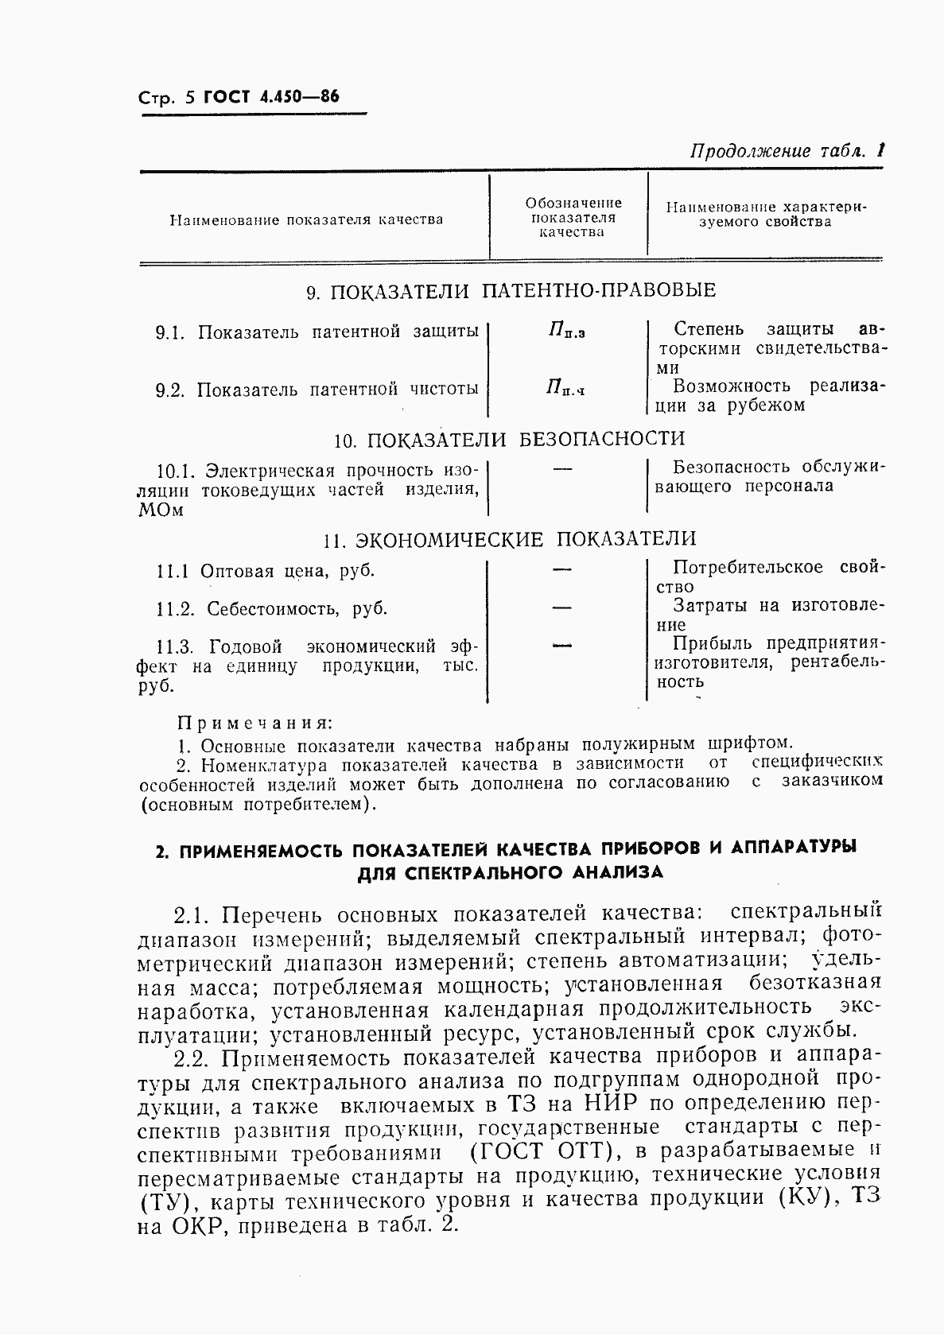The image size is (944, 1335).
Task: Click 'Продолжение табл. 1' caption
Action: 787,150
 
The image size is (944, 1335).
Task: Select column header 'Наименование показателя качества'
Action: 306,220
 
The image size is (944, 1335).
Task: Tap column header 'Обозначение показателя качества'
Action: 572,217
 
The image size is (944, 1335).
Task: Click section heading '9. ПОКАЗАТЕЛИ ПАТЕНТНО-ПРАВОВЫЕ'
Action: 511,291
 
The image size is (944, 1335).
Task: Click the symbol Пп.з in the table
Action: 566,331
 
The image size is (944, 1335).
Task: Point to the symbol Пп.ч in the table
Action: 565,388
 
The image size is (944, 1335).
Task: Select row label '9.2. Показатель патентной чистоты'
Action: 317,390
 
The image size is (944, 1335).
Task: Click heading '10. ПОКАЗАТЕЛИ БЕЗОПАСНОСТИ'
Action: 509,439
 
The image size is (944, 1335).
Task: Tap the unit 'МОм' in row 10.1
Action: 161,510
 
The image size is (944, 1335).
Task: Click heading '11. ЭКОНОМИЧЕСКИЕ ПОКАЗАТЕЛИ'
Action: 510,540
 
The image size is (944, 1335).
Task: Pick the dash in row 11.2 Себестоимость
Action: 562,608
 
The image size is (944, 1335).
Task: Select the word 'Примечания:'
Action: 254,723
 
